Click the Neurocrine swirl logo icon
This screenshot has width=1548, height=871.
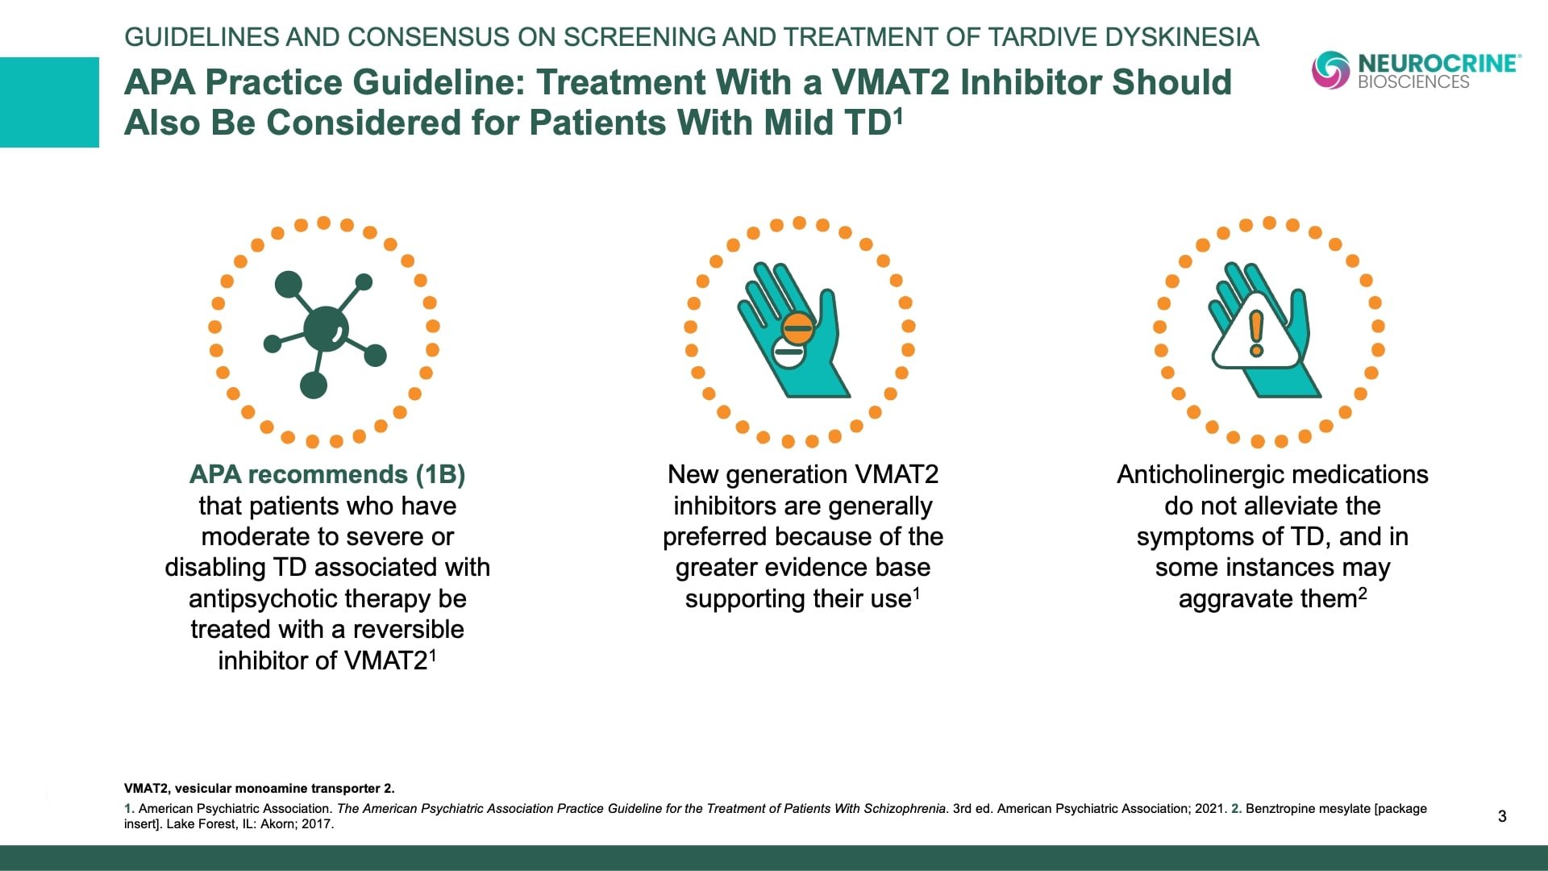click(x=1330, y=69)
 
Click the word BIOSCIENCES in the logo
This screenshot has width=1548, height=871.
click(x=1413, y=81)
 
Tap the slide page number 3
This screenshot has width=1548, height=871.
click(x=1502, y=816)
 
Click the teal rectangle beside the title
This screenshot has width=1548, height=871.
click(x=49, y=102)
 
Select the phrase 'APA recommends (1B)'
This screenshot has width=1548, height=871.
click(x=327, y=474)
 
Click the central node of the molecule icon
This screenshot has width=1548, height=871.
click(x=326, y=329)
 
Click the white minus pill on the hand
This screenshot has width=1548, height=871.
click(x=789, y=352)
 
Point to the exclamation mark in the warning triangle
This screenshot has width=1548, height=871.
click(x=1256, y=333)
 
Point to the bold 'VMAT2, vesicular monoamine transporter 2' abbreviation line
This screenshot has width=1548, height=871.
click(x=259, y=789)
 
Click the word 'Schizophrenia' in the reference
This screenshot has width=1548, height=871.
click(x=904, y=809)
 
